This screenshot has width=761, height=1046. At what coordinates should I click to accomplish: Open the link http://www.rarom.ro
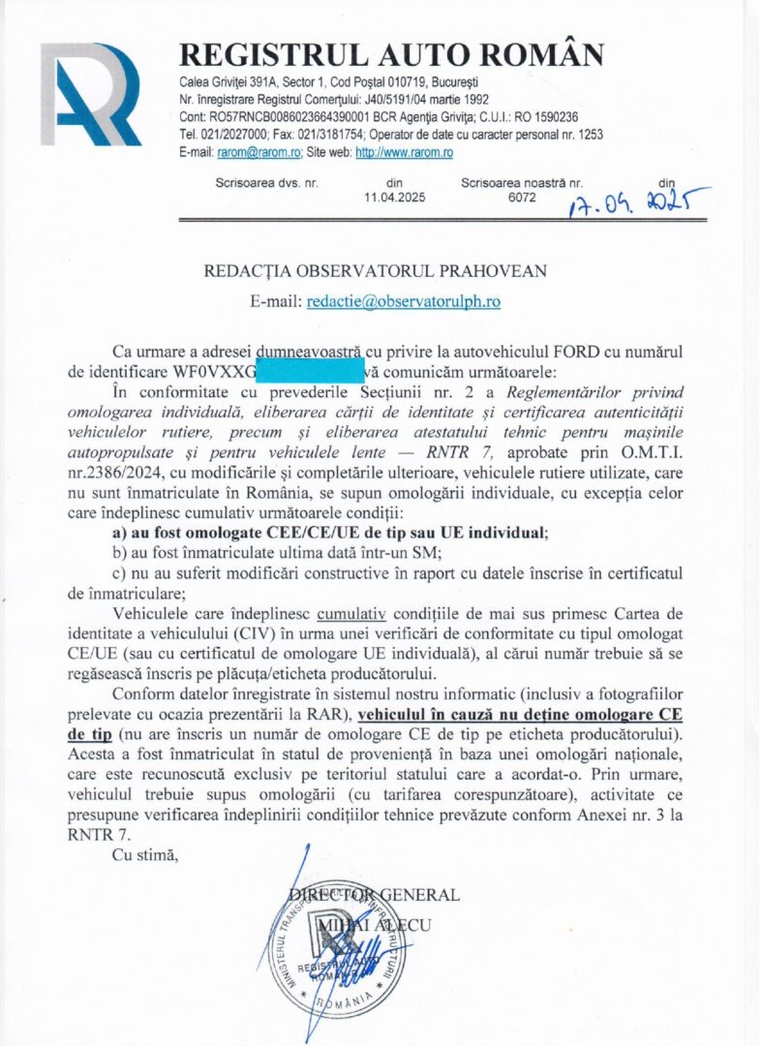405,152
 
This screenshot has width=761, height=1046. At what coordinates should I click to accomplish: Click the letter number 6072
522,198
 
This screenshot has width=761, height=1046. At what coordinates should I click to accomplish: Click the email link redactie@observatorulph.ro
403,301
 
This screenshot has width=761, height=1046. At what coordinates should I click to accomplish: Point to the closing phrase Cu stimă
145,854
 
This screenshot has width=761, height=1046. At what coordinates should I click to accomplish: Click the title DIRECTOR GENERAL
374,895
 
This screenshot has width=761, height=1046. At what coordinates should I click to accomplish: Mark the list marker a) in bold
122,533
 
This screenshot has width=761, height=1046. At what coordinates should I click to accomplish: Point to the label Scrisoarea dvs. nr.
266,182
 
